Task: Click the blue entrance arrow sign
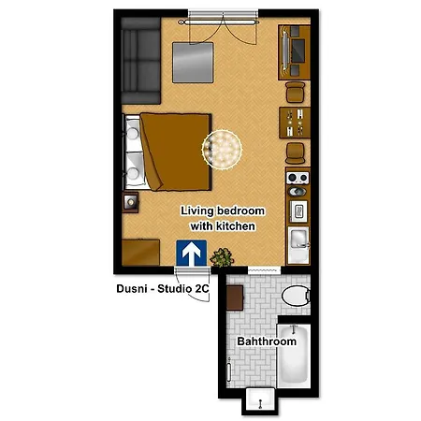point(191,253)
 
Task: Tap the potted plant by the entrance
point(222,257)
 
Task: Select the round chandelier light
point(222,150)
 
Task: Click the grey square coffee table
point(193,63)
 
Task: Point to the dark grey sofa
point(140,61)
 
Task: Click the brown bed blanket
point(176,152)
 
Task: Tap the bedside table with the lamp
point(130,203)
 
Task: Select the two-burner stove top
point(298,178)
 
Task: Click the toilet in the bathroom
point(296,296)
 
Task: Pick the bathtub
point(294,356)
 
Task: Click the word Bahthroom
point(267,341)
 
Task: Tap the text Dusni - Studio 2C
point(163,288)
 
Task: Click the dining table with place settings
point(295,123)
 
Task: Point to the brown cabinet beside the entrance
point(140,253)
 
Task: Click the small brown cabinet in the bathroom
point(235,298)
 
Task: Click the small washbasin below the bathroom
point(260,399)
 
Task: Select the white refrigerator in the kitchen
point(298,246)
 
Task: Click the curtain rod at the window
point(219,22)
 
